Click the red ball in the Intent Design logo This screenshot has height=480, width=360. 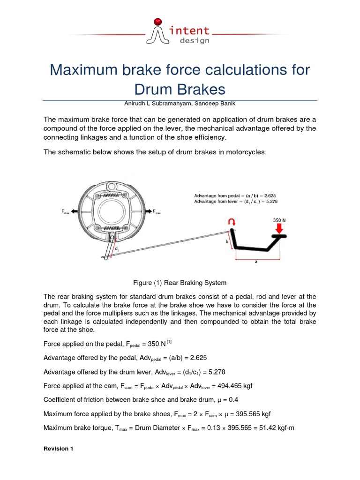pos(158,21)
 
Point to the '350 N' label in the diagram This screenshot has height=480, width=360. pos(280,219)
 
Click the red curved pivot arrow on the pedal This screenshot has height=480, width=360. pos(231,221)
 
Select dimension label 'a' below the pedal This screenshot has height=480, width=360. pos(256,262)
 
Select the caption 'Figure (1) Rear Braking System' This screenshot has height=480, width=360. pos(180,283)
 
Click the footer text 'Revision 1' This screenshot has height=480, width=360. pos(58,449)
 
